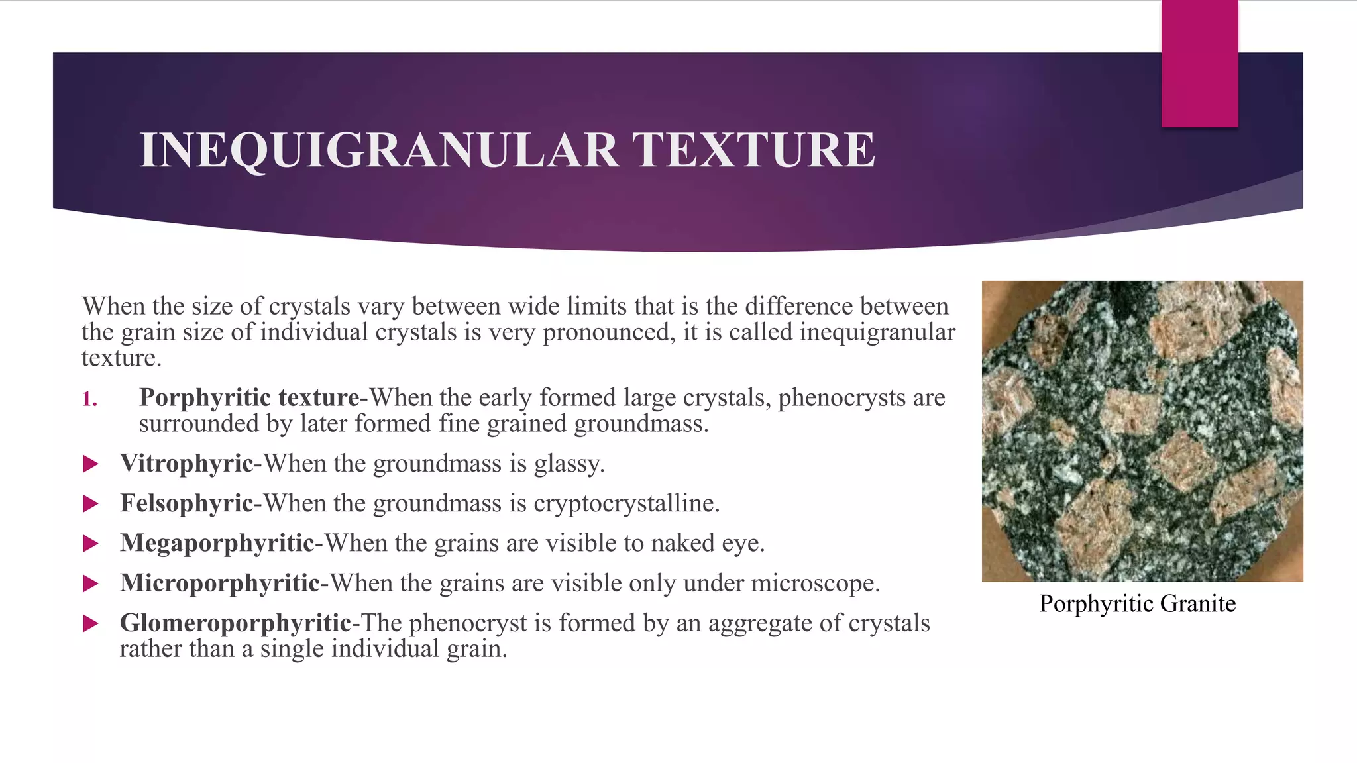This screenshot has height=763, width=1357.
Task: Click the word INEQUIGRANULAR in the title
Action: click(x=379, y=150)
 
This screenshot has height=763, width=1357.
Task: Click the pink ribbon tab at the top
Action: click(x=1199, y=63)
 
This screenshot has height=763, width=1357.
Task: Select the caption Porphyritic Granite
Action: click(x=1137, y=604)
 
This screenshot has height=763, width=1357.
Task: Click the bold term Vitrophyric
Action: click(x=186, y=464)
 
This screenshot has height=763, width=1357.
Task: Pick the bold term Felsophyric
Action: click(x=186, y=503)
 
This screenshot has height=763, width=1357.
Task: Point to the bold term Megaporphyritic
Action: click(x=217, y=543)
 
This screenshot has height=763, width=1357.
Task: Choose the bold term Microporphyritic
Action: click(x=219, y=583)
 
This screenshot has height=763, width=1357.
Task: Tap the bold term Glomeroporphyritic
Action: click(x=235, y=623)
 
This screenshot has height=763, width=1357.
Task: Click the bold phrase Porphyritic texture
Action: click(x=249, y=397)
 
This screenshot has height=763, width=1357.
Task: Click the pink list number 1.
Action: click(x=89, y=399)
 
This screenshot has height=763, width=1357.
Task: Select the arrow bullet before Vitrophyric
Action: click(x=91, y=464)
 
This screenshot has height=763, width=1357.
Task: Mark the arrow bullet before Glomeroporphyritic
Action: click(x=91, y=623)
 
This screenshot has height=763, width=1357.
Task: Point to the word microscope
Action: click(x=814, y=583)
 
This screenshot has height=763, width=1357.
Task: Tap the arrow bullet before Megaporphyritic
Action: click(x=91, y=544)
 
